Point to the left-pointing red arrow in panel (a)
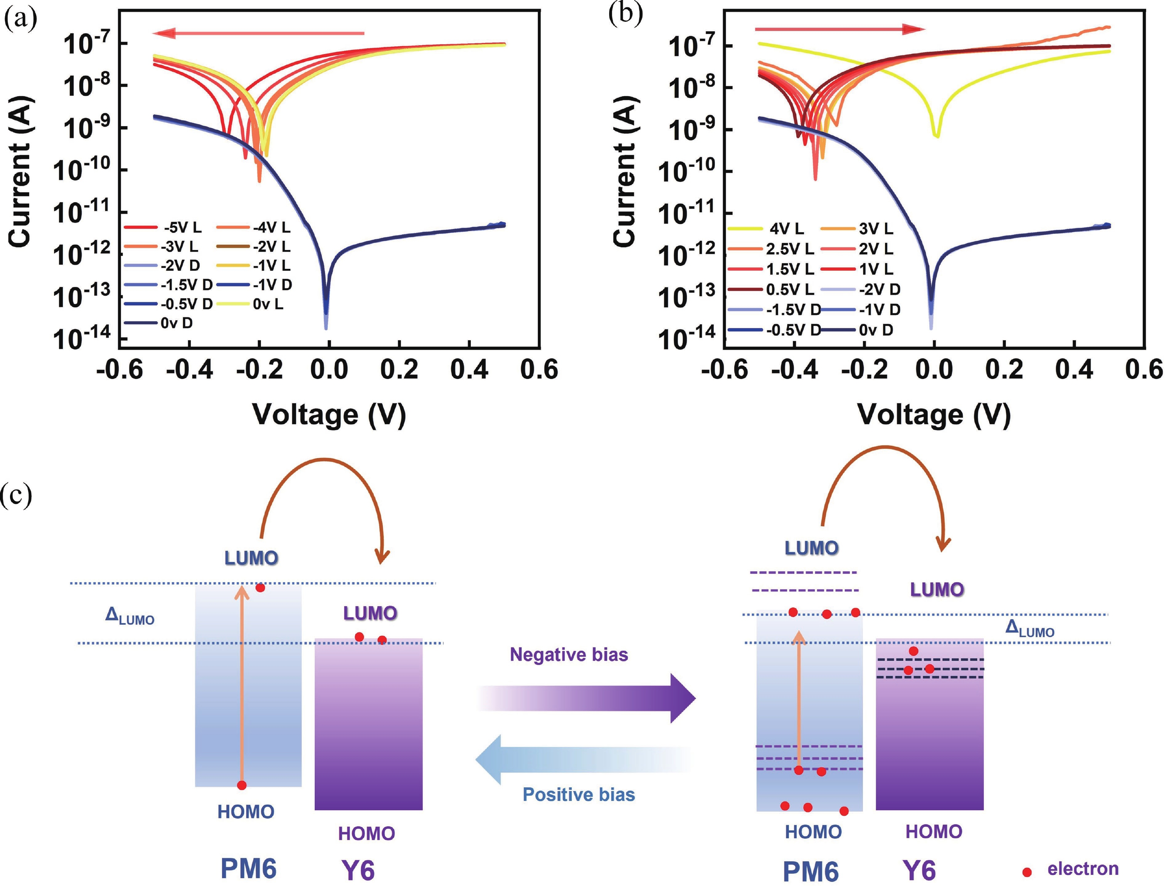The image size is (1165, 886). point(259,34)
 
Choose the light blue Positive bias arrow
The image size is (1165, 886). point(583,760)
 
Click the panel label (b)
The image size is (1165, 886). point(625,15)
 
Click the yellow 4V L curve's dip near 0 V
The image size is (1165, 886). point(936,135)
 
